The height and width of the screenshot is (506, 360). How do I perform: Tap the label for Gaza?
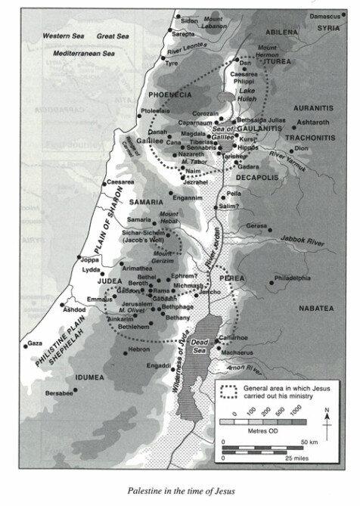(x=34, y=343)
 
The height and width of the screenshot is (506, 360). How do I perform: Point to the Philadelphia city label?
(x=293, y=278)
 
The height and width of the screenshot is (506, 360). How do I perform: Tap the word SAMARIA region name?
(x=145, y=203)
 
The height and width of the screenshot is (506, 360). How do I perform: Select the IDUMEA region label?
(x=90, y=374)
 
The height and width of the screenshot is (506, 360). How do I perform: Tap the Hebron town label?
(x=139, y=349)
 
